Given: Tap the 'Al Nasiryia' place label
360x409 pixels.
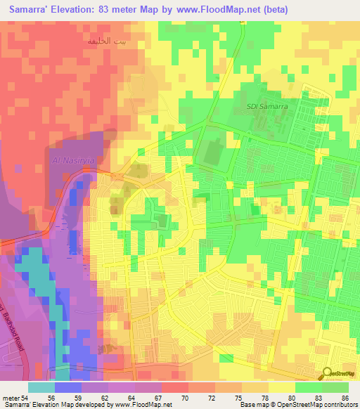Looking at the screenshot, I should coord(72,160).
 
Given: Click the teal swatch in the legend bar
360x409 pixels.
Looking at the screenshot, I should coord(41,387).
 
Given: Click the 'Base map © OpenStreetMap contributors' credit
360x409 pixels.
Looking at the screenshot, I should coord(297,405).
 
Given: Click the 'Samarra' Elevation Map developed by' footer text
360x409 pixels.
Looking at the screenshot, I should coord(56,405).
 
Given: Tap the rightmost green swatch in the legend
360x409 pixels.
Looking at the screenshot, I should coord(335,387).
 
